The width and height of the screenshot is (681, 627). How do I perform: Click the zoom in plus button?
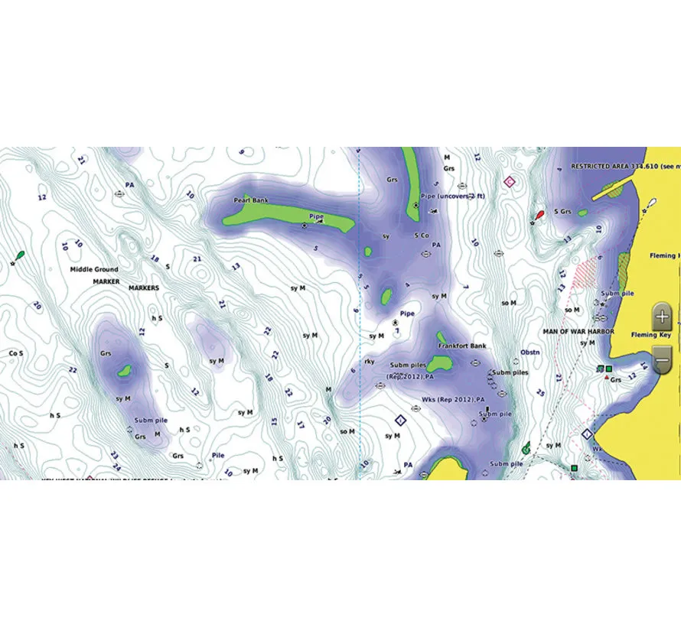click(663, 315)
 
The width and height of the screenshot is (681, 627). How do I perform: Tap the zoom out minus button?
click(663, 356)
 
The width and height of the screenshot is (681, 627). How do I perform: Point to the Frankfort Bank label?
click(462, 346)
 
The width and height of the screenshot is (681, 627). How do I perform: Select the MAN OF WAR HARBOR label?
click(574, 332)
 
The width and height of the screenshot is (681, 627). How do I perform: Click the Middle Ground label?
click(94, 270)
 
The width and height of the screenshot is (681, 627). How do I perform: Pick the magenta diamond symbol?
click(510, 182)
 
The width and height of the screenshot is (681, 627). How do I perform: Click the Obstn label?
click(530, 353)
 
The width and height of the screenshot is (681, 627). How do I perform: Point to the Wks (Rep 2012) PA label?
click(453, 400)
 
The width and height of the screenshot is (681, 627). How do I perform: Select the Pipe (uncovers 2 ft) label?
click(452, 196)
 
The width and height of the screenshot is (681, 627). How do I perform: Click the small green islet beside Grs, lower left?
click(124, 372)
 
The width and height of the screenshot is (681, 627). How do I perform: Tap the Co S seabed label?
click(15, 353)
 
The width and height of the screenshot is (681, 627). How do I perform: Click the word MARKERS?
click(144, 288)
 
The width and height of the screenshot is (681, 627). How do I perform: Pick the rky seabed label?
click(370, 361)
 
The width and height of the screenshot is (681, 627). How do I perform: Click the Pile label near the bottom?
click(218, 454)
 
